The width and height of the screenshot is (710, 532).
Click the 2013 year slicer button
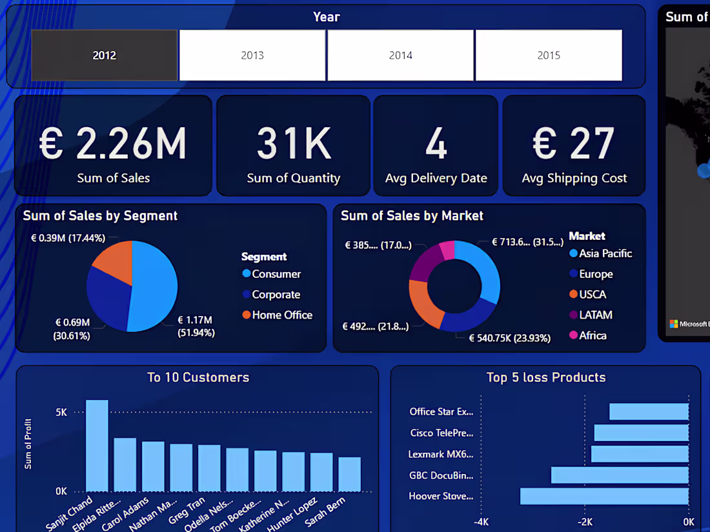(252, 55)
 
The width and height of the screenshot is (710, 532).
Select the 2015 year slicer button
(549, 55)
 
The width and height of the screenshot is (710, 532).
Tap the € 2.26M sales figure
(113, 143)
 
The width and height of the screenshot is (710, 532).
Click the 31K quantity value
(294, 143)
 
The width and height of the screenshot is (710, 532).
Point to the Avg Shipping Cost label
(574, 179)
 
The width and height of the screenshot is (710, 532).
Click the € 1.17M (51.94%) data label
(196, 326)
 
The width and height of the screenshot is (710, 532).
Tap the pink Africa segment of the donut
(447, 250)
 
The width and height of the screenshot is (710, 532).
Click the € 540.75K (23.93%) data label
(509, 338)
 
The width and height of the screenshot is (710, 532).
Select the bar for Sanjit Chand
(97, 446)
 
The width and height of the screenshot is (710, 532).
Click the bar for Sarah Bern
(349, 474)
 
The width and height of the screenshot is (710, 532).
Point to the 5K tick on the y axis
(61, 412)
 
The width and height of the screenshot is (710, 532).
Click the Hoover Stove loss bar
(604, 496)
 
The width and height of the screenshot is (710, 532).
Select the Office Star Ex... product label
(441, 411)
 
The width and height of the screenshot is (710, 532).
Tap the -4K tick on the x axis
(481, 522)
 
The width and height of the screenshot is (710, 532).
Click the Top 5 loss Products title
(546, 377)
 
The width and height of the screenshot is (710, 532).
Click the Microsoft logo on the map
(674, 324)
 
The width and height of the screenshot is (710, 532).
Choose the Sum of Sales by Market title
(412, 216)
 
